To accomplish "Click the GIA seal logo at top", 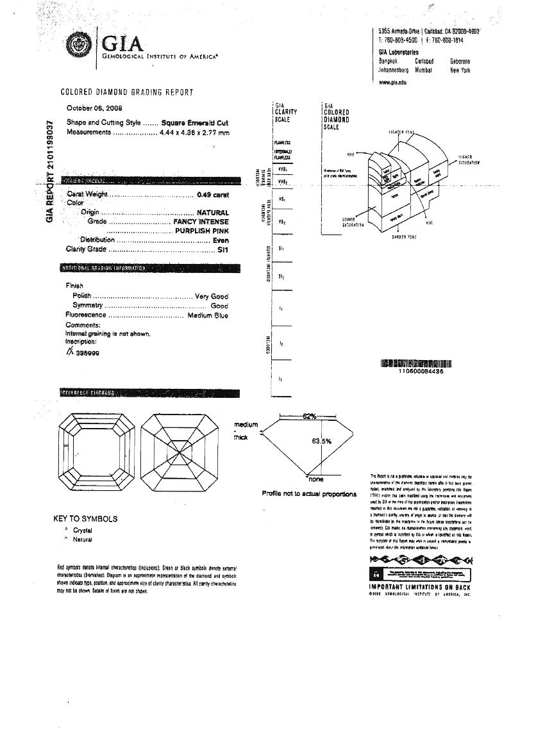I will tap(80, 44).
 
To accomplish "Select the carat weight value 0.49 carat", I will tap(212, 195).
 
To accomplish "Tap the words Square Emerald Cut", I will tap(195, 122).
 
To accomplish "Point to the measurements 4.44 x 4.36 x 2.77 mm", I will tap(194, 133).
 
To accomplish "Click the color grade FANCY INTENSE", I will tap(201, 222).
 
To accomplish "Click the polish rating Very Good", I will tap(211, 296).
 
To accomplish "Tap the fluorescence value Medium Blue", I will tap(207, 315).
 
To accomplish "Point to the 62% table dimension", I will tap(310, 416).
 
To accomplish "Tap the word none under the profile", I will tap(316, 479).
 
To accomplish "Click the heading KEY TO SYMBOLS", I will tap(85, 518).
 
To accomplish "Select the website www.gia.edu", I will tap(392, 82).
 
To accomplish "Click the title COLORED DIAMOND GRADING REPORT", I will tap(127, 92).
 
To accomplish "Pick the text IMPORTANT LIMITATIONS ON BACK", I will tap(420, 586).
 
